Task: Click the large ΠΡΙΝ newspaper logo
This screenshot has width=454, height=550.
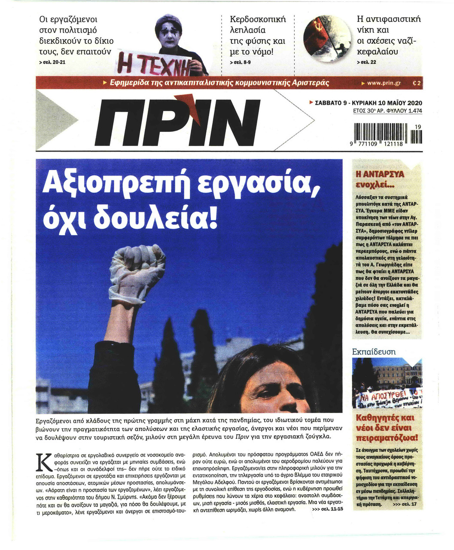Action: point(179,124)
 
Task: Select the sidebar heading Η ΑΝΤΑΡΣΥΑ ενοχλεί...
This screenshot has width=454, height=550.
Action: point(378,180)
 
